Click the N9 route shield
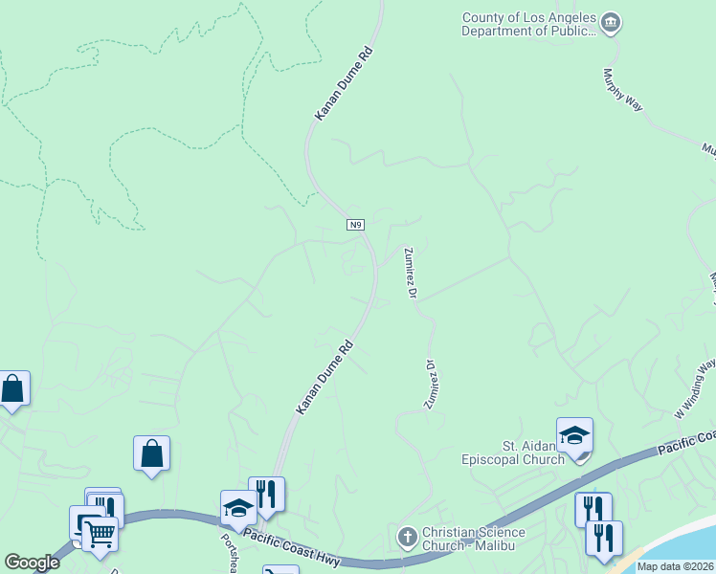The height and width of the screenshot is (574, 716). pos(355,225)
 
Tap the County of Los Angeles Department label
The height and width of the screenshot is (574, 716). pos(528,24)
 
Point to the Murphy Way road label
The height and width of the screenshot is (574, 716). pos(622,90)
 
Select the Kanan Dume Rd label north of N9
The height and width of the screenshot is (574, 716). pos(343,85)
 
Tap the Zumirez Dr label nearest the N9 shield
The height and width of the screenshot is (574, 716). pos(410,273)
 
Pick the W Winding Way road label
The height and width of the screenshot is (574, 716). pos(695,388)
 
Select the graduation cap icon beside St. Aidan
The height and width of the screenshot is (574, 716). pos(574,435)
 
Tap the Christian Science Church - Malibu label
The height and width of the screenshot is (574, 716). pos(473,539)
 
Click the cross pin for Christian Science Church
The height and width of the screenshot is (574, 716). pos(406,536)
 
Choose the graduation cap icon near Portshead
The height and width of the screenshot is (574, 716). pos(238,508)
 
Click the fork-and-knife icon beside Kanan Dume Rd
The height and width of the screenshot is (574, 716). pos(266,494)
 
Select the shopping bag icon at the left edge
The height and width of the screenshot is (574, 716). pos(11,389)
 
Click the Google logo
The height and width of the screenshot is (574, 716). pos(32,563)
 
